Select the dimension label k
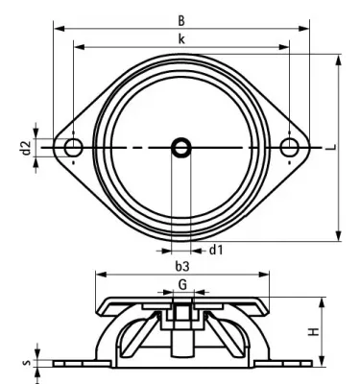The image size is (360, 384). tap(181, 37)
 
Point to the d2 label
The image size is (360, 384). tap(26, 147)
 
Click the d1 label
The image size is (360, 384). tap(217, 251)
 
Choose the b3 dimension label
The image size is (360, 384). tap(181, 265)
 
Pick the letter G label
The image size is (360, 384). tap(181, 285)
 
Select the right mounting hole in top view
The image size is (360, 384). tap(290, 147)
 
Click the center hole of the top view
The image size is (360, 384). tap(181, 147)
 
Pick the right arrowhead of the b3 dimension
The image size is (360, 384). tap(264, 275)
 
